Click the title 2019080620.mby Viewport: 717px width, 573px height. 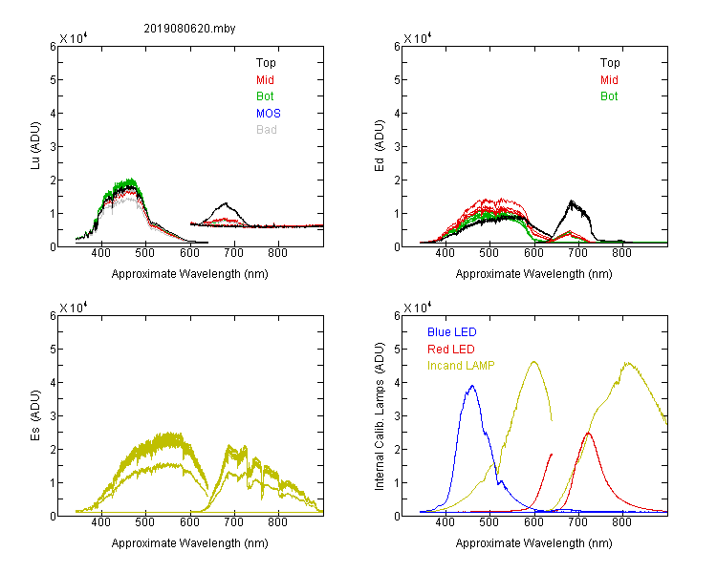tap(189, 29)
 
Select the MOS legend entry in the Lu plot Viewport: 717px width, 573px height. tap(269, 114)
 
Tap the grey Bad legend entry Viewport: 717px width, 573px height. tap(267, 130)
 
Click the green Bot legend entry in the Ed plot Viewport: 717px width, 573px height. tap(609, 96)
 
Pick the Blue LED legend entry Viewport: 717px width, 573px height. tap(452, 332)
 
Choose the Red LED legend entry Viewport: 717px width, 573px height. tap(451, 350)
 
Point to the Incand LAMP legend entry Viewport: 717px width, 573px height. tap(461, 366)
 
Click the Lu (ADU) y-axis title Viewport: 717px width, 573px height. tap(35, 146)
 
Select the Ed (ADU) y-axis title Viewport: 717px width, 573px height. tap(380, 146)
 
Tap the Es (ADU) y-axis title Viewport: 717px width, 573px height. tap(35, 414)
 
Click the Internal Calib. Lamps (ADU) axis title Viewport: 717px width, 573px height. tap(380, 416)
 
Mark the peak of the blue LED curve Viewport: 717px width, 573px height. tap(472, 386)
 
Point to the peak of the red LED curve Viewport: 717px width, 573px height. tap(588, 433)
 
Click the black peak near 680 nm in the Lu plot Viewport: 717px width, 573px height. tap(226, 203)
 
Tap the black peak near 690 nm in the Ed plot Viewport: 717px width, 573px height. tap(572, 202)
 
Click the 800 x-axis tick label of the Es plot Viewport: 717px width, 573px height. tap(277, 522)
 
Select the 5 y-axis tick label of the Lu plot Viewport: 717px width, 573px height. tap(53, 80)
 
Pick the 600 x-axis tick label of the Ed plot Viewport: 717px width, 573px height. tap(533, 253)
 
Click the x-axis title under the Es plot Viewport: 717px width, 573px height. tap(190, 543)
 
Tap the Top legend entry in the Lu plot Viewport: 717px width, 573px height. tap(266, 63)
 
